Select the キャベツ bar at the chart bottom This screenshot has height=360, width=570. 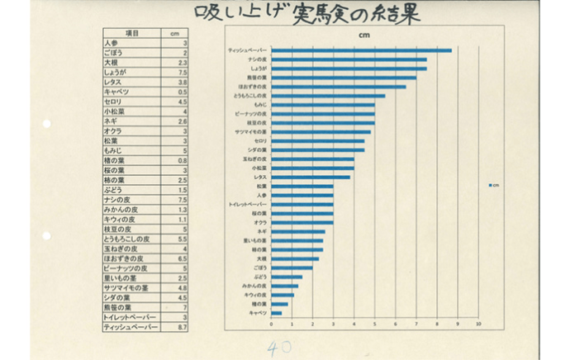(x=277, y=313)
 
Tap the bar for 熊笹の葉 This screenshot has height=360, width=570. (x=344, y=78)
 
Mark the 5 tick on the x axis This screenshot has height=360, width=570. (x=375, y=324)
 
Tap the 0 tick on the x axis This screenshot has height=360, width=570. (x=272, y=324)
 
